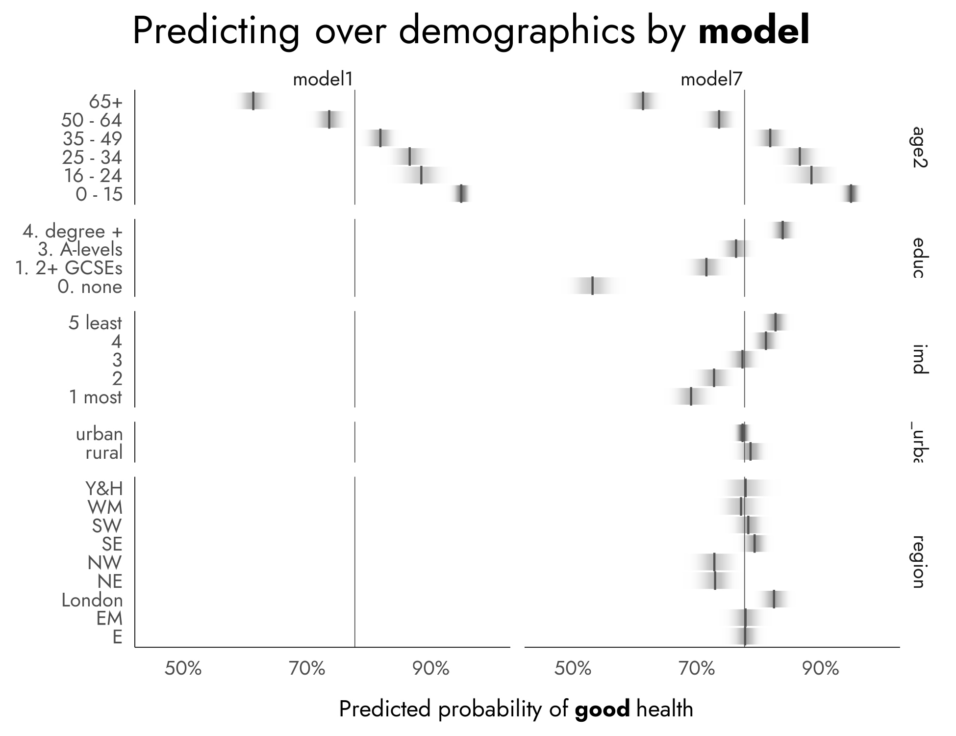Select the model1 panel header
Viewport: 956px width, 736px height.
pos(323,79)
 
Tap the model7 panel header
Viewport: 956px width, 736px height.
pos(712,79)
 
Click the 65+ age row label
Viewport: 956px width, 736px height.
pos(105,102)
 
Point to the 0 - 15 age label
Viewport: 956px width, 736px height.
pos(99,195)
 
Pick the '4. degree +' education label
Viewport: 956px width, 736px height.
pos(73,231)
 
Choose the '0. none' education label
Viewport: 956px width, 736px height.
pos(90,287)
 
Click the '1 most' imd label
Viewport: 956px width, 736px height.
pos(95,397)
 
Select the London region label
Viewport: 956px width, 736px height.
pos(92,600)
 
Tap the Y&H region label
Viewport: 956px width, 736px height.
pos(103,489)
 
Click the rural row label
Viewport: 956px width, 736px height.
pos(104,452)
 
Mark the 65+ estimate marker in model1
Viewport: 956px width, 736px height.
pos(253,101)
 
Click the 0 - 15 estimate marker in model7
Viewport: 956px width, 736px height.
pos(851,193)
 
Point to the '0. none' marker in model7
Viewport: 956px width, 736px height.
pos(592,286)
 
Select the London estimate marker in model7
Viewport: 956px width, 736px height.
pos(774,599)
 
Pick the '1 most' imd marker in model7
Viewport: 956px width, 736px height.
pos(691,396)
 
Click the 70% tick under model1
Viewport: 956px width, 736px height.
pos(307,669)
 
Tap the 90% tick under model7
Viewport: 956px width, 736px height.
pos(821,669)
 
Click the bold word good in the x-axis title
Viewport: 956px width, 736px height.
pos(602,710)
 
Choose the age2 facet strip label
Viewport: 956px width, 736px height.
pos(918,147)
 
